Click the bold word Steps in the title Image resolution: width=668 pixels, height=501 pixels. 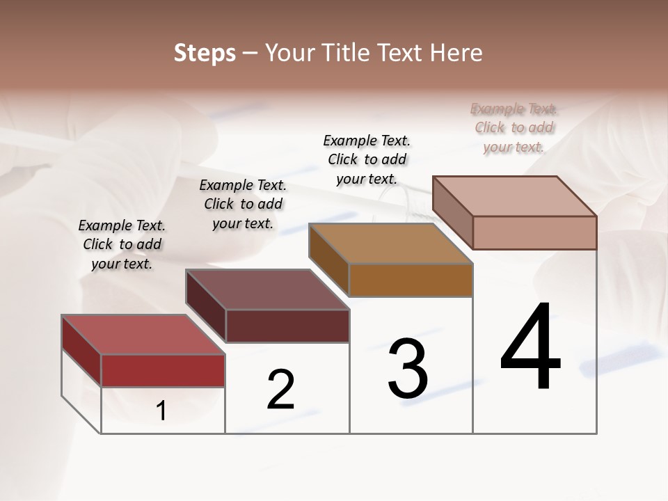205,53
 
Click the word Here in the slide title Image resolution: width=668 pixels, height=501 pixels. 455,53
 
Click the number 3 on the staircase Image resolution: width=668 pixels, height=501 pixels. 408,369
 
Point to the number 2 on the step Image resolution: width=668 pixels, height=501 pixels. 280,390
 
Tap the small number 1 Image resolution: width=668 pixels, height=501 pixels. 161,411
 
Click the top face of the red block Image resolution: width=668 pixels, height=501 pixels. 143,335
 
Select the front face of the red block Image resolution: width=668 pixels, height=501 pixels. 163,370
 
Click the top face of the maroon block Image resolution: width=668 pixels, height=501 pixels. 267,289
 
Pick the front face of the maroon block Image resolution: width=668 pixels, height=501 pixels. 287,326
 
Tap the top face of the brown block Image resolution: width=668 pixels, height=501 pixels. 390,244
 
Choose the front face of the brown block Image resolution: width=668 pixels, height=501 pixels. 411,280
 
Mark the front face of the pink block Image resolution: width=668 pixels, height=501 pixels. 534,232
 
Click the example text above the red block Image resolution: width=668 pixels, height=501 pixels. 122,244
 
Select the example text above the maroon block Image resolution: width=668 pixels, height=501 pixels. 243,204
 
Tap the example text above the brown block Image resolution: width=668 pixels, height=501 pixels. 367,159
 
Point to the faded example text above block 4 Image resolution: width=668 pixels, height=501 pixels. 514,127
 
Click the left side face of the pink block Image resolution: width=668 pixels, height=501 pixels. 453,212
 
